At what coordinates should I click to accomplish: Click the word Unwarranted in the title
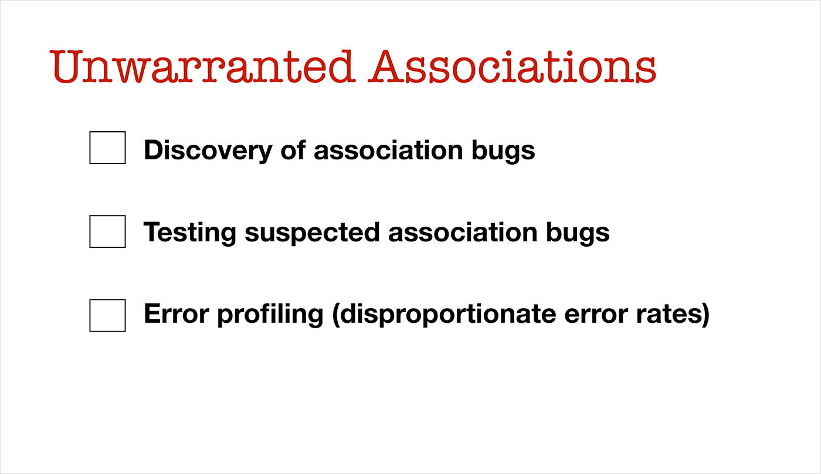coord(202,66)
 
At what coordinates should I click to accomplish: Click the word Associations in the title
coord(512,66)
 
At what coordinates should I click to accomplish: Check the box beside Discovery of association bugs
coord(107,148)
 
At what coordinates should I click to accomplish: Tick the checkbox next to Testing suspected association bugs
coord(107,231)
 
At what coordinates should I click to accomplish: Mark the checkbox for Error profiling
coord(107,315)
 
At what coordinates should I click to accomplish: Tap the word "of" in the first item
coord(293,149)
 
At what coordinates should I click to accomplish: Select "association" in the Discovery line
coord(388,149)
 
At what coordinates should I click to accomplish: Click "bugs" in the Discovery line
coord(503,152)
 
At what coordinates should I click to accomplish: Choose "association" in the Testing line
coord(463,231)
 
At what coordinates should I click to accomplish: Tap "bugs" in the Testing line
coord(578,234)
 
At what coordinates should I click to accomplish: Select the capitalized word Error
coord(177,313)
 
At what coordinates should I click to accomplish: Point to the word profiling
coord(270,315)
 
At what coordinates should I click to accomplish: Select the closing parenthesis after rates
coord(705,315)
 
